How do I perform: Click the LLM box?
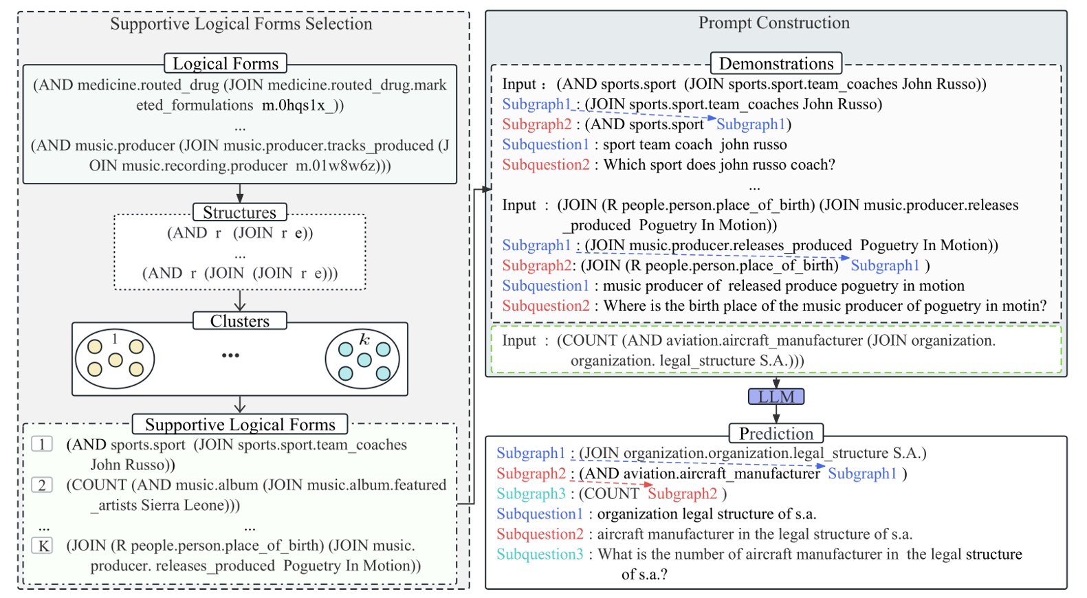[776, 397]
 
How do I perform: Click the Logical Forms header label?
[226, 63]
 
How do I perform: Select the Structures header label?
[239, 212]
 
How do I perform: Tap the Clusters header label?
[239, 321]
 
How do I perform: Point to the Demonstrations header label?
[776, 63]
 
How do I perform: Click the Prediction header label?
[776, 433]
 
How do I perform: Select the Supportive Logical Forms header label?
[240, 424]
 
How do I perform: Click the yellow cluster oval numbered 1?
[115, 359]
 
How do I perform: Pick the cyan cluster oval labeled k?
[362, 359]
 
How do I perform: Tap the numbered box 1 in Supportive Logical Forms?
[42, 445]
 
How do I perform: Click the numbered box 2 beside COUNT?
[42, 485]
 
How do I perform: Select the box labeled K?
[43, 546]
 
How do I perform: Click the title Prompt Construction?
[774, 23]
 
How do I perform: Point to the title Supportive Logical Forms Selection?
[241, 24]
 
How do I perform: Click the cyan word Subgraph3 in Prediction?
[531, 494]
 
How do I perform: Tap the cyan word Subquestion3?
[540, 554]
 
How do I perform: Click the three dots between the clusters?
[230, 355]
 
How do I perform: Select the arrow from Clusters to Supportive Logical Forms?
[239, 405]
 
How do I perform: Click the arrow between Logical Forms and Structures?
[239, 192]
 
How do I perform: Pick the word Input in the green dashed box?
[519, 340]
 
